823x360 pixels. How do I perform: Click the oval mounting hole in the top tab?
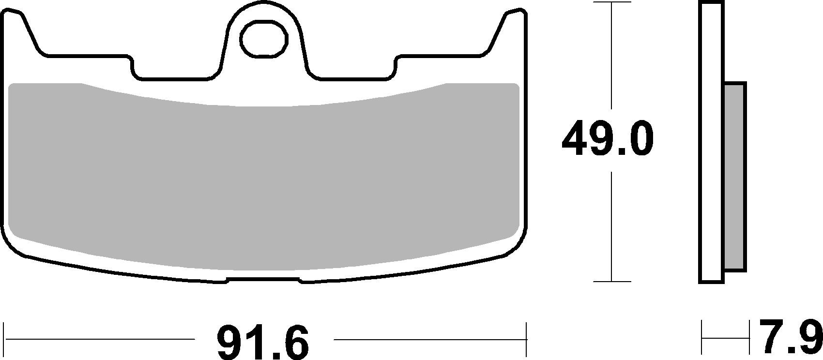click(264, 39)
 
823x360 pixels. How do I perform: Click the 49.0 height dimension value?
click(608, 139)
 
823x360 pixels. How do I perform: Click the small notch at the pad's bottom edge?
click(264, 280)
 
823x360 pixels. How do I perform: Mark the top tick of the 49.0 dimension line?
click(612, 2)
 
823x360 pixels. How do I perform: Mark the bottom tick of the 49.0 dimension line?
click(612, 281)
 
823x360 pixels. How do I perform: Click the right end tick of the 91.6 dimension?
click(526, 339)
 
